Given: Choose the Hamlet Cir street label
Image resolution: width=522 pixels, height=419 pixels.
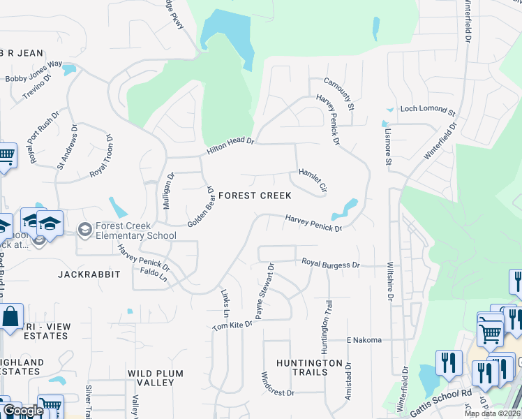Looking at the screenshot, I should (x=313, y=180).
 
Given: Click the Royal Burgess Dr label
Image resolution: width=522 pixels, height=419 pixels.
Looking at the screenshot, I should (x=330, y=264).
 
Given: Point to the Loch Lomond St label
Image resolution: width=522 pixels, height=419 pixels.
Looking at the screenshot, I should (x=427, y=110).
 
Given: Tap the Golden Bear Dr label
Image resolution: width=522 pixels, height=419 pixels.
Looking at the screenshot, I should (x=200, y=207).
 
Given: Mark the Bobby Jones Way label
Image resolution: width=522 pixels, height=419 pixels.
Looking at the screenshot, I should (x=34, y=73).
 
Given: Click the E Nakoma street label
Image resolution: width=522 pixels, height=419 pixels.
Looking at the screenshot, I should (x=364, y=340).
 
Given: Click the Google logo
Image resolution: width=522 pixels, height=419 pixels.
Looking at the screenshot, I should (x=22, y=411).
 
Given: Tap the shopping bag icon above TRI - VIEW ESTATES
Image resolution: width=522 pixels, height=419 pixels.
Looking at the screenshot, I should (x=12, y=317).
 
